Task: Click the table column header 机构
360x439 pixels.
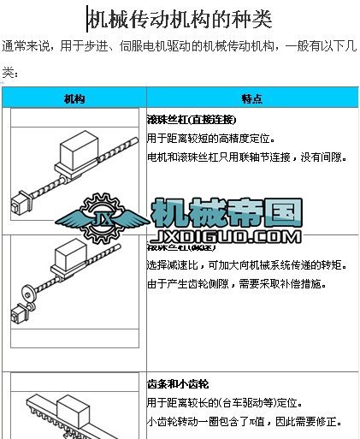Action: pos(74,98)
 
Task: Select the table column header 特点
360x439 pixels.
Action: pos(251,98)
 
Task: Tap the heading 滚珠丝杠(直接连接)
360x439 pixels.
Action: pos(192,119)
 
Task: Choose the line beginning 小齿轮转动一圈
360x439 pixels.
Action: pos(245,422)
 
